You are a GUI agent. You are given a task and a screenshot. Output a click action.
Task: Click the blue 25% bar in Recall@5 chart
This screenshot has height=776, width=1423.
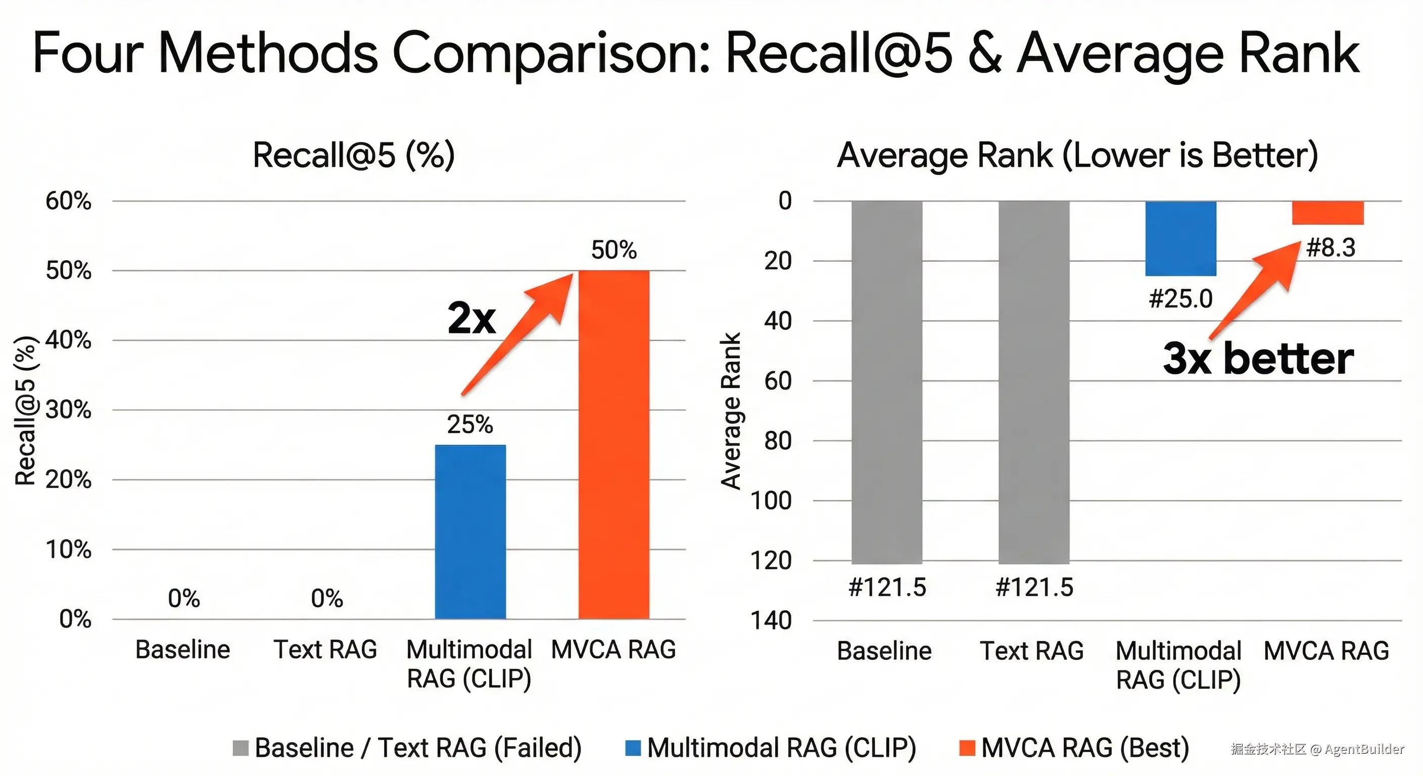click(x=470, y=531)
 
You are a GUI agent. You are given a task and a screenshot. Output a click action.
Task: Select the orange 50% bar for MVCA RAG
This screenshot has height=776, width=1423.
click(x=614, y=445)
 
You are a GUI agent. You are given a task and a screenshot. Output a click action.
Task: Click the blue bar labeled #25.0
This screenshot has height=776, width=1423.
click(x=1180, y=238)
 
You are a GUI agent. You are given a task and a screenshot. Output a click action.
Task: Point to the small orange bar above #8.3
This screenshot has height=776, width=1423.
click(x=1327, y=213)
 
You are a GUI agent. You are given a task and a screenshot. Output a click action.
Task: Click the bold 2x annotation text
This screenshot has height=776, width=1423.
click(x=471, y=319)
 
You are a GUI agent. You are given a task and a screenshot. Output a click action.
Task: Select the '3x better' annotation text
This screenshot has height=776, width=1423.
click(x=1258, y=359)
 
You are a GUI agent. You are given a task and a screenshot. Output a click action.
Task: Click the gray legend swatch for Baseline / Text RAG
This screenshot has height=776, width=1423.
click(x=241, y=748)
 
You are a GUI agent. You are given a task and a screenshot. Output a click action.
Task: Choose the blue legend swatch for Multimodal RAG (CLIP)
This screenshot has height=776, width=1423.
click(x=633, y=748)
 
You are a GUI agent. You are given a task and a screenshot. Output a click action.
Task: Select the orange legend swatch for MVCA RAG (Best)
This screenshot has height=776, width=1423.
click(x=967, y=748)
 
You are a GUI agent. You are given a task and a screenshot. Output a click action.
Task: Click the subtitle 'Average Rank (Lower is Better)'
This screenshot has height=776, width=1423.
click(x=1077, y=155)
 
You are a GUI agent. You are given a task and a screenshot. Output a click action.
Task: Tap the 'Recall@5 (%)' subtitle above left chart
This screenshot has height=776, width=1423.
click(x=354, y=155)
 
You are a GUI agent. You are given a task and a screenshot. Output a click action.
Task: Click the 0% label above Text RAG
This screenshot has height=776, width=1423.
click(x=326, y=598)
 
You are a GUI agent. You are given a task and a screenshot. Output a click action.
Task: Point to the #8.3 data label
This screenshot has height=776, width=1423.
click(x=1330, y=248)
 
